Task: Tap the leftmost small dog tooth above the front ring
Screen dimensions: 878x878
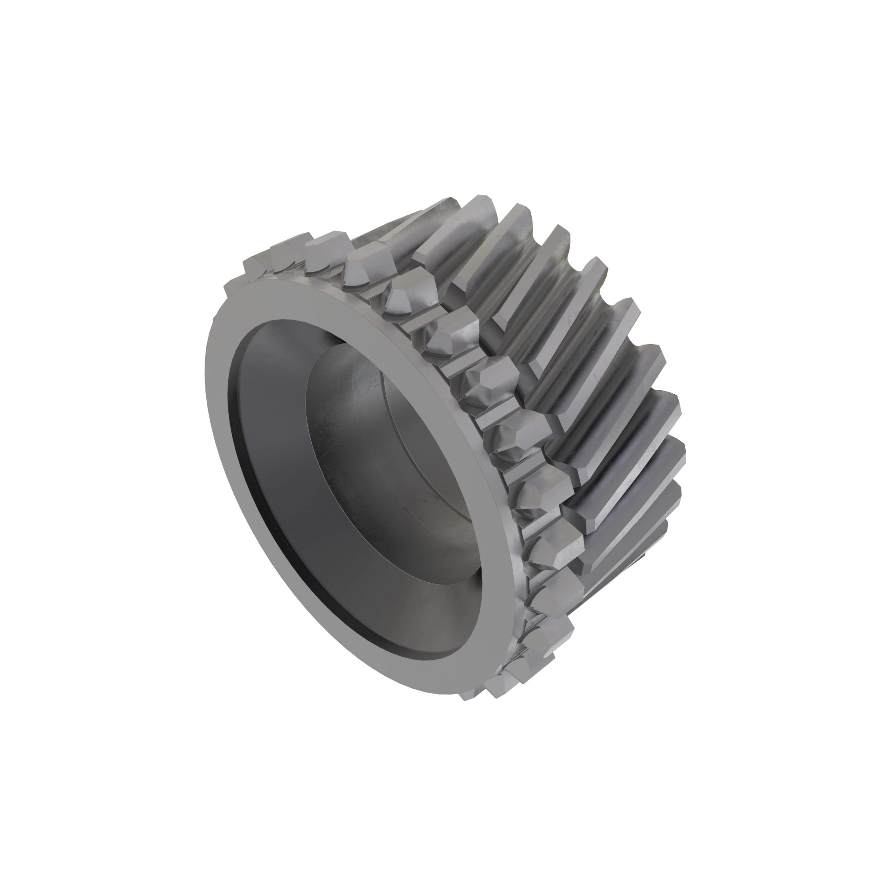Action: pos(257,266)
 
